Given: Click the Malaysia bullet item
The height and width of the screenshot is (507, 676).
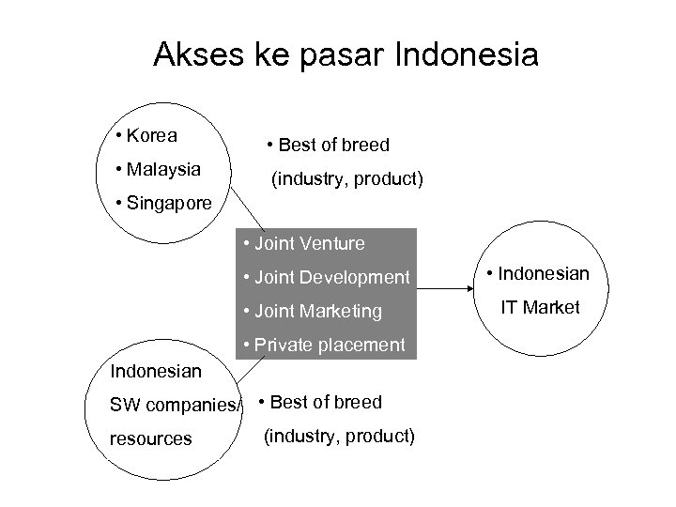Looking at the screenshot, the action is coord(157,170).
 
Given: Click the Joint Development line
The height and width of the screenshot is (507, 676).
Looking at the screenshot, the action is coord(326,277).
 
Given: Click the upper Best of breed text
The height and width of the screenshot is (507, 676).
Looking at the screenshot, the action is coord(328,145).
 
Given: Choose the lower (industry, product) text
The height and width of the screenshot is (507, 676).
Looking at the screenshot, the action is coord(339,436).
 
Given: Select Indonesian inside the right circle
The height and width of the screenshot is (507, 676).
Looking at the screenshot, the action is coord(537,273).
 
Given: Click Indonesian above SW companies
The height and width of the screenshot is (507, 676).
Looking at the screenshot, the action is coord(156,371).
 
